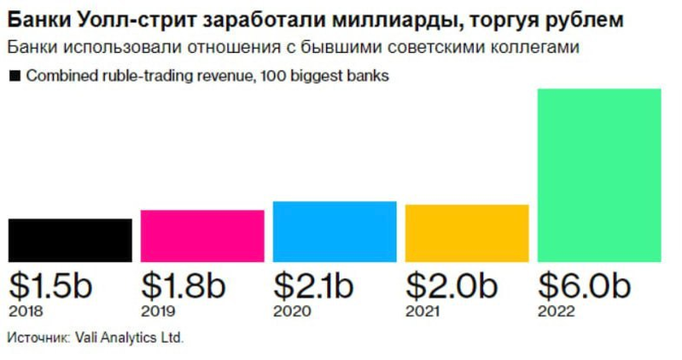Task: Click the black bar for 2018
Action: (70, 240)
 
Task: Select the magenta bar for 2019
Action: (202, 235)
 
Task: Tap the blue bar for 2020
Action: (335, 231)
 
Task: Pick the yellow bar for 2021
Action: (467, 233)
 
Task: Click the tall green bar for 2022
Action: (599, 175)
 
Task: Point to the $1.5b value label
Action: (51, 285)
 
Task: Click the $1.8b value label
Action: (184, 285)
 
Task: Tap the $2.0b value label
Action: (449, 285)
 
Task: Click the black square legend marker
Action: (14, 76)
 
